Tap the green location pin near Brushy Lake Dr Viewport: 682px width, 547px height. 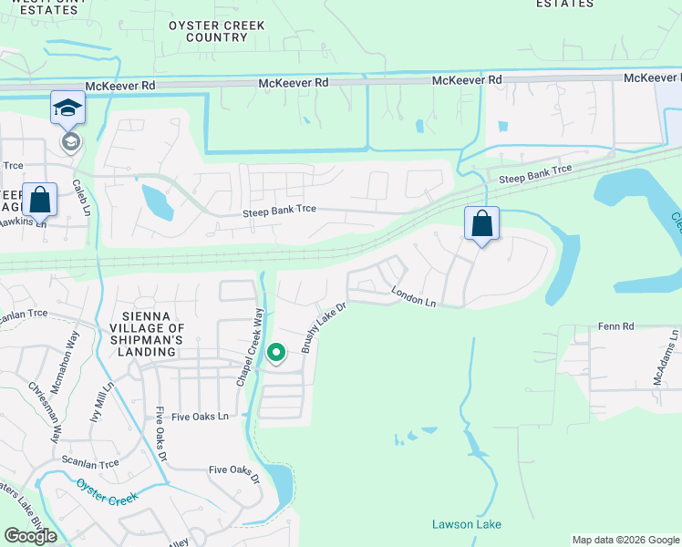[x=276, y=351]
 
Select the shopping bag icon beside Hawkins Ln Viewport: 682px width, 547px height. [x=40, y=200]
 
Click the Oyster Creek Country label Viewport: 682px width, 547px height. [x=216, y=31]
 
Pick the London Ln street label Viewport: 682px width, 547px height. [x=415, y=296]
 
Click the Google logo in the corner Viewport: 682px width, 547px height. [x=31, y=535]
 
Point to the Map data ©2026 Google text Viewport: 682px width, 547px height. [x=625, y=540]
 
